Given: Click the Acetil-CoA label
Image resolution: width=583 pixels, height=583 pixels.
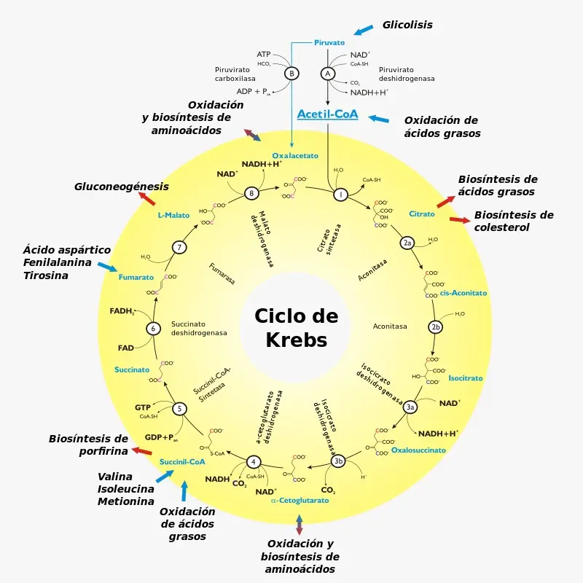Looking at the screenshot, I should (327, 114).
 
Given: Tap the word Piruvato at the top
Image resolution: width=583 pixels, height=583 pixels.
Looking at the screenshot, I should (329, 43).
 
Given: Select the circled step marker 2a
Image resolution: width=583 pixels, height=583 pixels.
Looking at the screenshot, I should (407, 242).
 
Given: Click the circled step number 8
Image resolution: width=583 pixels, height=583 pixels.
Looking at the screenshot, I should (251, 193).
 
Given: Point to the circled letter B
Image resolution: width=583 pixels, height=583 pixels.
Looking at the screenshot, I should (291, 74).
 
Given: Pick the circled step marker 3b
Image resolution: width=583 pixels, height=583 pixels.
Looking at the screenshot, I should (337, 461).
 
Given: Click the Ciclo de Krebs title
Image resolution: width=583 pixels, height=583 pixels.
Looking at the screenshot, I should (296, 327).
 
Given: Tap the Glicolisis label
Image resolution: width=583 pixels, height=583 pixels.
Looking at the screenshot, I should (407, 25).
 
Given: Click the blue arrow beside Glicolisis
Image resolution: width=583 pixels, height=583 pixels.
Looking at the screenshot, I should (364, 30).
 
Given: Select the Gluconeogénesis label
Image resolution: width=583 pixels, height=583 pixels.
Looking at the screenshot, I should (122, 187).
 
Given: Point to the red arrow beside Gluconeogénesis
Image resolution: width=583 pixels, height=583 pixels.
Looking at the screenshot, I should (146, 199).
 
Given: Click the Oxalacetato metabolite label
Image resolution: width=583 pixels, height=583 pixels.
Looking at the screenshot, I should (295, 156).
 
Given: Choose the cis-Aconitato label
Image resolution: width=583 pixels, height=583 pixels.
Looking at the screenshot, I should (463, 293).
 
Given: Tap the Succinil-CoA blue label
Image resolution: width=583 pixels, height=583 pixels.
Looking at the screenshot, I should (182, 462).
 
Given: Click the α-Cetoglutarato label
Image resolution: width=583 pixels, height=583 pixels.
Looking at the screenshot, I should (300, 501).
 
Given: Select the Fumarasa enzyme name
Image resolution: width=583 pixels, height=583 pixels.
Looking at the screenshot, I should (222, 276).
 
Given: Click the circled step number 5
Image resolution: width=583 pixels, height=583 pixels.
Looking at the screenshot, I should (179, 409).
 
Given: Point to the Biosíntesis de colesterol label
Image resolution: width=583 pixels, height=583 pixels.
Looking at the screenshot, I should (514, 221).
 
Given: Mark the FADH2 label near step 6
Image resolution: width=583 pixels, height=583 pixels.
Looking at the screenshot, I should (122, 311).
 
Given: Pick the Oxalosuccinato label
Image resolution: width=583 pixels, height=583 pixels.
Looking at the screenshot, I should (418, 450).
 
